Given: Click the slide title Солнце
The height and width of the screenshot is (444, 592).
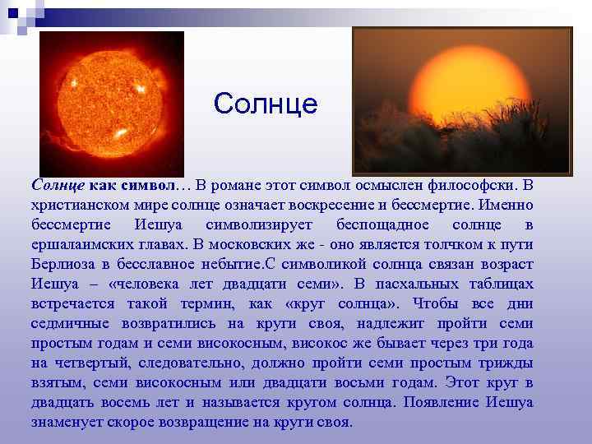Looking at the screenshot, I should coord(265,104).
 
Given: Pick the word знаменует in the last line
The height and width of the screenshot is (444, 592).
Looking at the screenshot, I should coord(67,422).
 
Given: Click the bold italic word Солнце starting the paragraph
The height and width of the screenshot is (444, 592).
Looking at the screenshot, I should coord(58,185).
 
